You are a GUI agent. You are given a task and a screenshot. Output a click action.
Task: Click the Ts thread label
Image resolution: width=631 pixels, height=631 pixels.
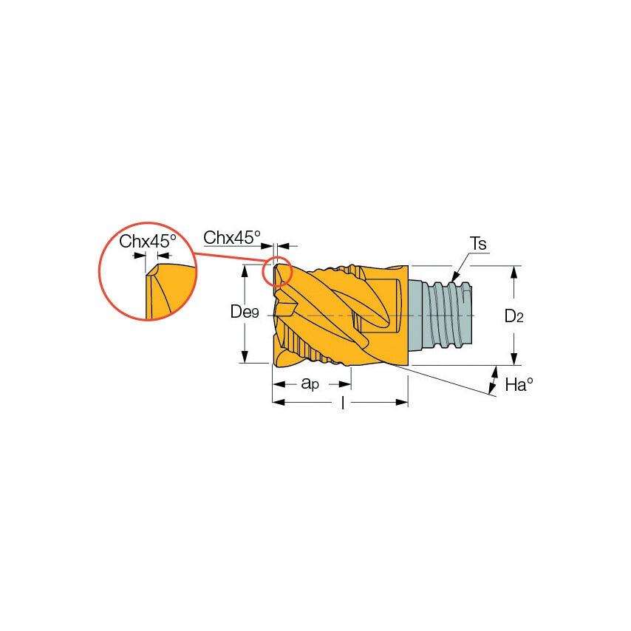click(478, 244)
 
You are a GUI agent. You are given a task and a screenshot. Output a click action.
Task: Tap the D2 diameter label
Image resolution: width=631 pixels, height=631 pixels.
click(514, 316)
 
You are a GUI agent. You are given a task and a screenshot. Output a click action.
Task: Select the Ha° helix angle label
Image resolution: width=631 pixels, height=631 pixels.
click(519, 384)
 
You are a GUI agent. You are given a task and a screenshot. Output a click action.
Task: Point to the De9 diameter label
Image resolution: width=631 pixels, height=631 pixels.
click(245, 312)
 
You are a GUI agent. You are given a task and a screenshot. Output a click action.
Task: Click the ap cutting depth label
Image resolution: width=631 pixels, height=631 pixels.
click(310, 383)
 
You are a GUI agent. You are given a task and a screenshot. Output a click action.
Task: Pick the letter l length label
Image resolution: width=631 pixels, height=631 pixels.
click(342, 403)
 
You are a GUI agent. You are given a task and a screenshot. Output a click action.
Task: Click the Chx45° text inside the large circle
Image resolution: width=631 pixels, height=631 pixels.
click(148, 241)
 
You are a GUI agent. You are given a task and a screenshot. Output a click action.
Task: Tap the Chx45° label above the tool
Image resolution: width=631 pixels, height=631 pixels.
click(232, 237)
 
